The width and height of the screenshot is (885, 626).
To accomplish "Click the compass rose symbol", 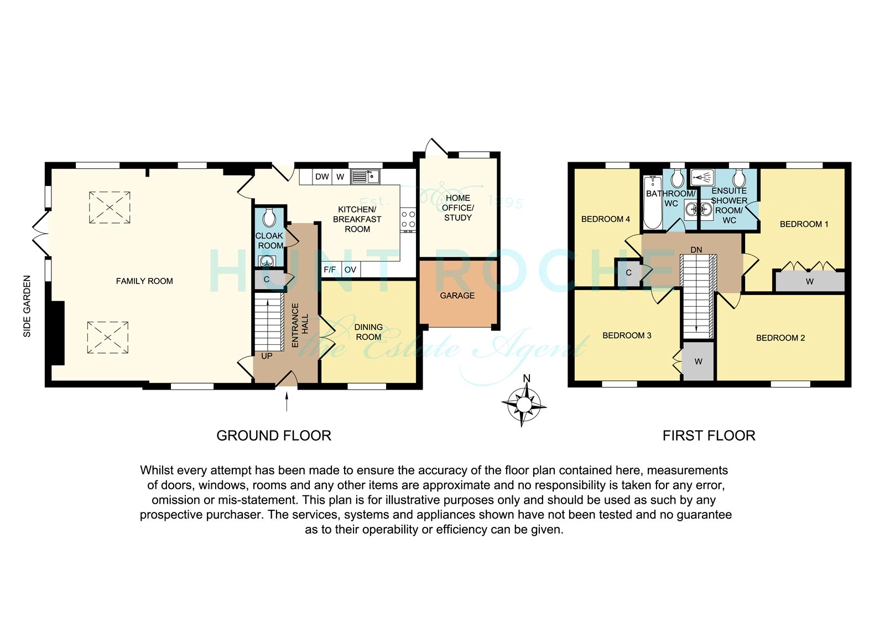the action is click(x=524, y=404).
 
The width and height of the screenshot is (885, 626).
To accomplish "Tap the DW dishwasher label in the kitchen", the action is click(x=322, y=177).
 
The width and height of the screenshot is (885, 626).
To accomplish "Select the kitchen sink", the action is click(x=366, y=177).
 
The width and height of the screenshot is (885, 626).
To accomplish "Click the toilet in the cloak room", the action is click(x=269, y=217).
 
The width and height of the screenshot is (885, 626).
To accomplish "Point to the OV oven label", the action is click(x=351, y=270).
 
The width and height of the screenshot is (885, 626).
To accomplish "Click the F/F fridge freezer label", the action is click(x=330, y=270).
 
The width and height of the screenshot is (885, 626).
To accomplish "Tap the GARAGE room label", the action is click(x=457, y=296).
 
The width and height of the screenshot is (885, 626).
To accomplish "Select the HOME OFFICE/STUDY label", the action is click(x=458, y=208).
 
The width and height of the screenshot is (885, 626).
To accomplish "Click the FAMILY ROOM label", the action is click(x=144, y=281).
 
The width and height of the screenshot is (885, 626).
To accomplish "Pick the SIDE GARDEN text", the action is click(x=27, y=307).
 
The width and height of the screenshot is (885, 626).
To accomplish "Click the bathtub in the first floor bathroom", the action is click(x=652, y=203).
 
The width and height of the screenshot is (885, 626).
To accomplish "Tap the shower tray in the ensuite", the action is click(x=702, y=178).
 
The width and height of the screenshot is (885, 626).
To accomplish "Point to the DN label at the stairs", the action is click(x=696, y=250).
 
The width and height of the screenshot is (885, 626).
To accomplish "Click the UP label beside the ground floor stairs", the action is click(x=267, y=356).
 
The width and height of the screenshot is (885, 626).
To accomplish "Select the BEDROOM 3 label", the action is click(x=627, y=336).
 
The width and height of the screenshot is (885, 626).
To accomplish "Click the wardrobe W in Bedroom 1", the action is click(x=810, y=282).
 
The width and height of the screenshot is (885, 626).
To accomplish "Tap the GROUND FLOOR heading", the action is click(x=274, y=436).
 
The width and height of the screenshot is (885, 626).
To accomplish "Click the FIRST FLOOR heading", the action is click(x=709, y=436).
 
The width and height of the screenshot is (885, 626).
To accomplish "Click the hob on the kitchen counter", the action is click(x=408, y=220).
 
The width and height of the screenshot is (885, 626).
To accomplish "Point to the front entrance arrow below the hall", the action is click(x=287, y=401).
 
